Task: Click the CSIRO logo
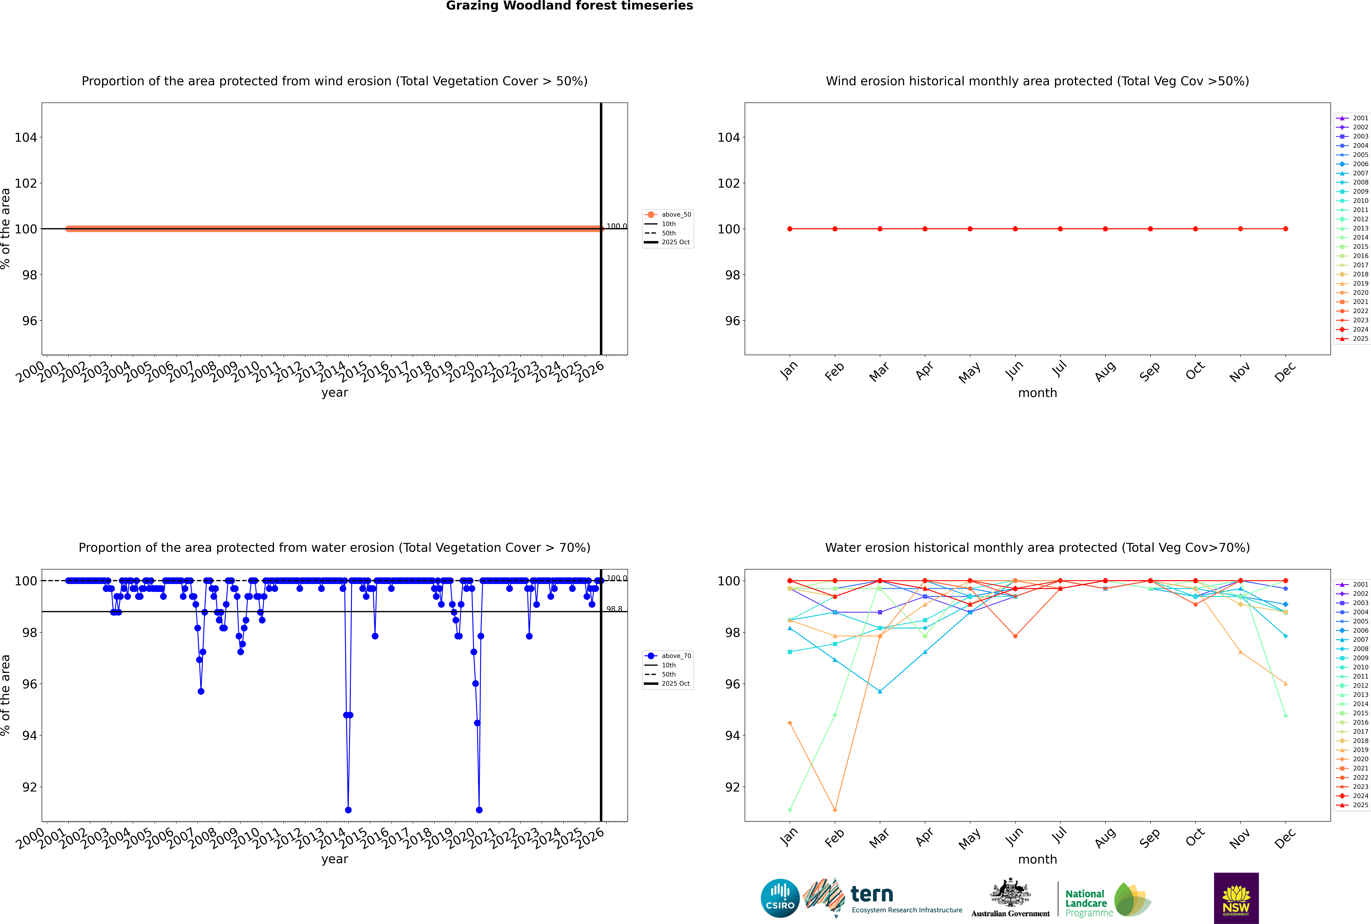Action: [780, 898]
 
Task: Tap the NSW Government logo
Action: [1236, 898]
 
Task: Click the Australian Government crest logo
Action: [1010, 898]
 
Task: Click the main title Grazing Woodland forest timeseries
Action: [569, 6]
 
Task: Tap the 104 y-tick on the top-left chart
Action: [25, 137]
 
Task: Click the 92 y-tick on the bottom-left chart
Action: [29, 787]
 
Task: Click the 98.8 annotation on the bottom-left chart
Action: [614, 609]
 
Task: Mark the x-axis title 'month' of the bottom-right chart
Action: [1037, 859]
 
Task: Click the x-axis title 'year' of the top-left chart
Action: [335, 393]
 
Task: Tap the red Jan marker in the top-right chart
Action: [790, 229]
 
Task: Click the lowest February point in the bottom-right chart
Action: [835, 810]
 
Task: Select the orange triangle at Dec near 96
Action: [1286, 684]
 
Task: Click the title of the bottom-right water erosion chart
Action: [1037, 547]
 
